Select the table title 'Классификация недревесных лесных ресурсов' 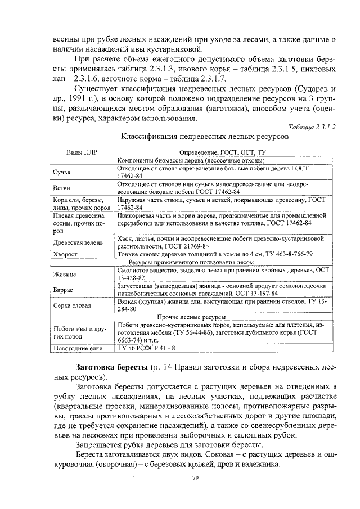pyautogui.click(x=205, y=137)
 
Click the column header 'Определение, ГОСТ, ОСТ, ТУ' pyautogui.click(x=222, y=152)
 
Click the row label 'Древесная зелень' pyautogui.click(x=78, y=243)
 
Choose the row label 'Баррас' pyautogui.click(x=64, y=290)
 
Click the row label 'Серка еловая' pyautogui.click(x=73, y=305)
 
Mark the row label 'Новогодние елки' pyautogui.click(x=77, y=348)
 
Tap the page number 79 pyautogui.click(x=195, y=478)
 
